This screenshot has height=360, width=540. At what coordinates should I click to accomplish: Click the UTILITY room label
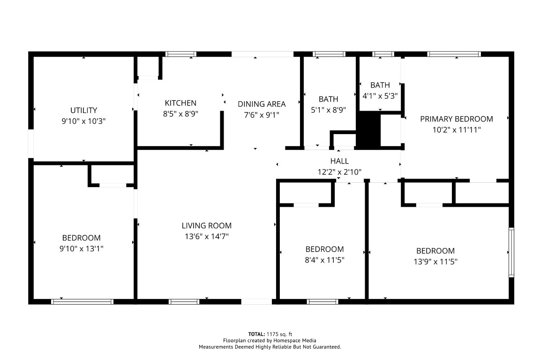[83, 111]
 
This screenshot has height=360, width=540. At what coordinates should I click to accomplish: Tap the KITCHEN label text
[180, 103]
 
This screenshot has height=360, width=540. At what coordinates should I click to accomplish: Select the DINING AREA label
[262, 104]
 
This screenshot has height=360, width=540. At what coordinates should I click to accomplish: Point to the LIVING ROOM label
[206, 226]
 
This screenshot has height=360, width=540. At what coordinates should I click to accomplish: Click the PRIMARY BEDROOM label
[456, 119]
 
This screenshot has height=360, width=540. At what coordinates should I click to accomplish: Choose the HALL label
[339, 161]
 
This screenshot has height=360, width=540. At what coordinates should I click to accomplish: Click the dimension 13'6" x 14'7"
[206, 237]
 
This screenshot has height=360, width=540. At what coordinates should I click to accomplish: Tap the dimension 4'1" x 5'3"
[380, 95]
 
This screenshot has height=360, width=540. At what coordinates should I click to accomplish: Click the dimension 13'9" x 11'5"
[435, 262]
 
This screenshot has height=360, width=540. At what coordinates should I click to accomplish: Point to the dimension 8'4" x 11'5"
[324, 260]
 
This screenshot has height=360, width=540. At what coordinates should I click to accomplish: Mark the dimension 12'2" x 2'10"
[339, 172]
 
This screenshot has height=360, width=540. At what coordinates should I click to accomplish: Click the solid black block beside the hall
[368, 131]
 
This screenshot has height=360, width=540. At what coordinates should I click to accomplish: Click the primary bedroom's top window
[454, 54]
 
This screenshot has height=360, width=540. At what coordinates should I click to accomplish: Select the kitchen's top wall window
[181, 54]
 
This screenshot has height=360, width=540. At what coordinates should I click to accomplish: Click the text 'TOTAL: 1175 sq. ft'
[270, 334]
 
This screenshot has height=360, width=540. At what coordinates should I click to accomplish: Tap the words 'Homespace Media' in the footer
[298, 340]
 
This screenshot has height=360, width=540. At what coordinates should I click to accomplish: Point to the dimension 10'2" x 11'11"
[456, 129]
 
